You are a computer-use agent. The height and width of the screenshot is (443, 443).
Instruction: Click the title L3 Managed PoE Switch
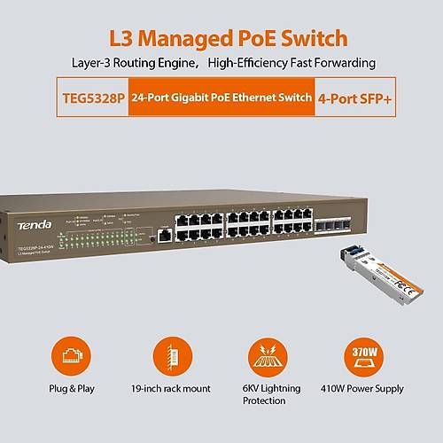click(221, 37)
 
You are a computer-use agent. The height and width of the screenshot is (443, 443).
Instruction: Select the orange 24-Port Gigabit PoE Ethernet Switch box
click(221, 98)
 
